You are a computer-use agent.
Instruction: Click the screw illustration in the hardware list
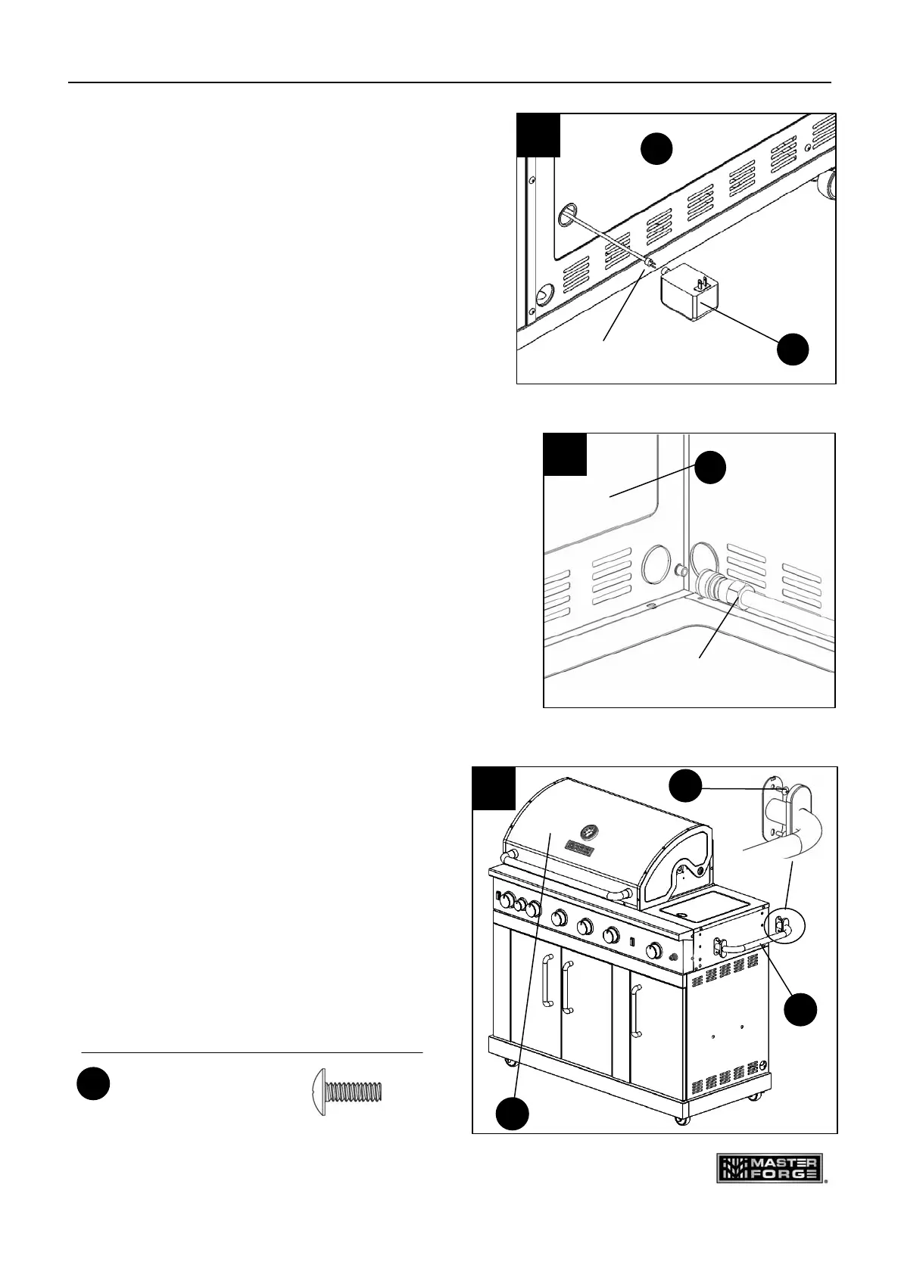coord(348,1092)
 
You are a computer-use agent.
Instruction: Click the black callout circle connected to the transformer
coord(794,350)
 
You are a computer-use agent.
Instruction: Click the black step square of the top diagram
coord(538,135)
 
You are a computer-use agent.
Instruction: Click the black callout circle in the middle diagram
coord(710,468)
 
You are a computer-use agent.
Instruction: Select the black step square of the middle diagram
coord(566,454)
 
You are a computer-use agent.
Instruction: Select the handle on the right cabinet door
coord(636,1011)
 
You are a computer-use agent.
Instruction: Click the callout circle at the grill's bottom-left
coord(513,1114)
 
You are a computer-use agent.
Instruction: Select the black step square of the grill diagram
coord(494,788)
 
